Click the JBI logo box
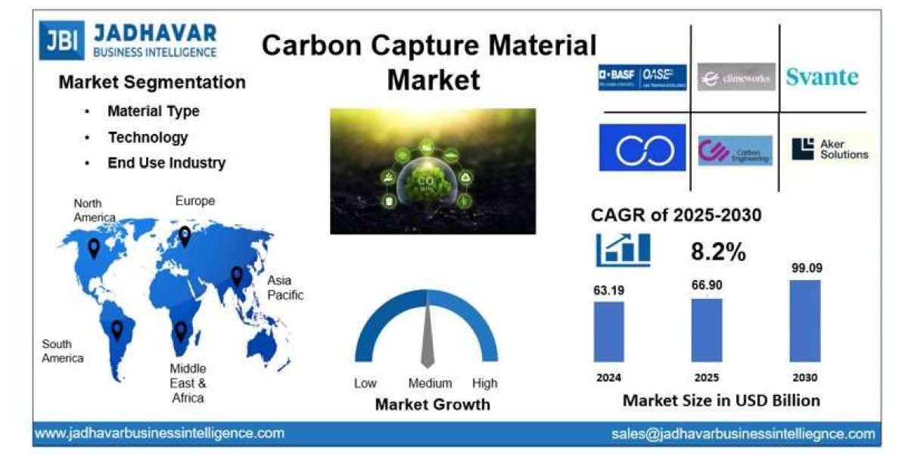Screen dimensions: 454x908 pyautogui.click(x=62, y=41)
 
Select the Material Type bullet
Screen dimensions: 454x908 pyautogui.click(x=153, y=111)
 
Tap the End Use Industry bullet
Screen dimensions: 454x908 pyautogui.click(x=166, y=163)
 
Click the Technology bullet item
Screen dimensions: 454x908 pyautogui.click(x=148, y=137)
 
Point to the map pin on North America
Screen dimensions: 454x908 pyautogui.click(x=94, y=247)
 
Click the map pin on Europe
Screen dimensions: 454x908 pyautogui.click(x=185, y=236)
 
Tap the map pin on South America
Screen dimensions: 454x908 pyautogui.click(x=117, y=329)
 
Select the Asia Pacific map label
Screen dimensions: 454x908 pyautogui.click(x=285, y=288)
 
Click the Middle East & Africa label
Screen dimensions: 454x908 pyautogui.click(x=187, y=383)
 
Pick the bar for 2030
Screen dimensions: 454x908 pyautogui.click(x=805, y=321)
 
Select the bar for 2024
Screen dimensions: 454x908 pyautogui.click(x=608, y=331)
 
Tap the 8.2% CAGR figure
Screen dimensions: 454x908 pyautogui.click(x=718, y=253)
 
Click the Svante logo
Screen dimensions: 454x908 pyautogui.click(x=822, y=76)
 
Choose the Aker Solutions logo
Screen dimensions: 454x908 pyautogui.click(x=829, y=149)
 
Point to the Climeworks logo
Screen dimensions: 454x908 pyautogui.click(x=735, y=77)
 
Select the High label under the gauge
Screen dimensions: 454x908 pyautogui.click(x=484, y=383)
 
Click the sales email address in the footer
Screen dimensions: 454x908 pyautogui.click(x=743, y=434)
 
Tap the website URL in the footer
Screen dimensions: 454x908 pyautogui.click(x=160, y=434)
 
